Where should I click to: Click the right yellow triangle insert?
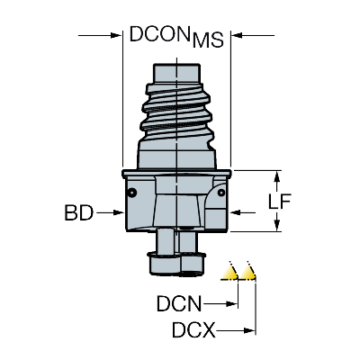pyautogui.click(x=249, y=272)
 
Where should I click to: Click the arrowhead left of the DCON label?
pyautogui.click(x=116, y=36)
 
